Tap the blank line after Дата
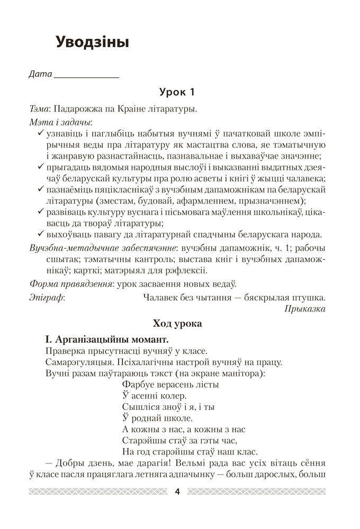[87, 75]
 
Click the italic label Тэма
[39, 110]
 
